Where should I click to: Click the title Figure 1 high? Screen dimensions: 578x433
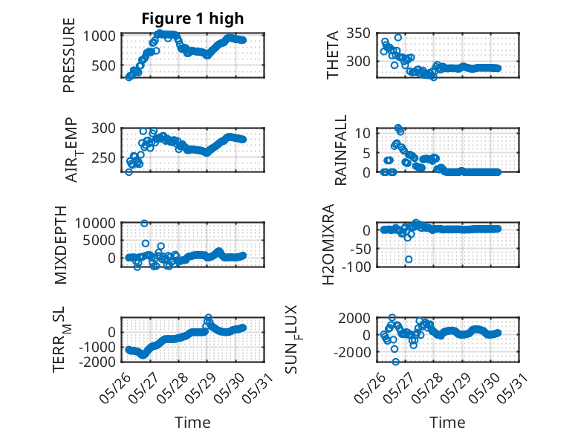[x=192, y=19]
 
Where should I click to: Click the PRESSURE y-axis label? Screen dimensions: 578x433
[x=69, y=55]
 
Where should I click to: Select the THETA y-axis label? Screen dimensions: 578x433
[x=333, y=55]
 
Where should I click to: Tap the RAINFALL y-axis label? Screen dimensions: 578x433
[x=340, y=149]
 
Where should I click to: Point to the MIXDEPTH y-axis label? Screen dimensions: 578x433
[x=60, y=245]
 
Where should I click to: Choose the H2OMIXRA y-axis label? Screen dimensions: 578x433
[x=328, y=244]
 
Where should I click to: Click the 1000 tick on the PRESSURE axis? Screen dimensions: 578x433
[x=99, y=36]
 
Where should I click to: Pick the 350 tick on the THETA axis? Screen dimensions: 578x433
[x=358, y=33]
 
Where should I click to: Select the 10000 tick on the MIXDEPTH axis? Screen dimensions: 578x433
[x=95, y=223]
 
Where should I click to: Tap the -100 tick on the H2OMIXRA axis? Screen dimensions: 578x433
[x=356, y=267]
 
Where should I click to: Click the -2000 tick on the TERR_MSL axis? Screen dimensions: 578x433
[x=99, y=362]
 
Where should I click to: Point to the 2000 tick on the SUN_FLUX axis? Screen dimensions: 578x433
[x=354, y=318]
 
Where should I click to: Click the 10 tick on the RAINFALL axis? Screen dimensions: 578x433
[x=363, y=133]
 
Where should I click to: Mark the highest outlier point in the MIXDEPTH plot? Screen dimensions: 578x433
[x=144, y=224]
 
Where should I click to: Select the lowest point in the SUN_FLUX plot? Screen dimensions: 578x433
[x=395, y=362]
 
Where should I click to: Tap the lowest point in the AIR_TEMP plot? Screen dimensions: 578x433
[x=129, y=172]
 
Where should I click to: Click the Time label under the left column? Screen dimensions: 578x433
[x=192, y=423]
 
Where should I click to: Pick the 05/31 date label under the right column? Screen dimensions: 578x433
[x=513, y=388]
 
